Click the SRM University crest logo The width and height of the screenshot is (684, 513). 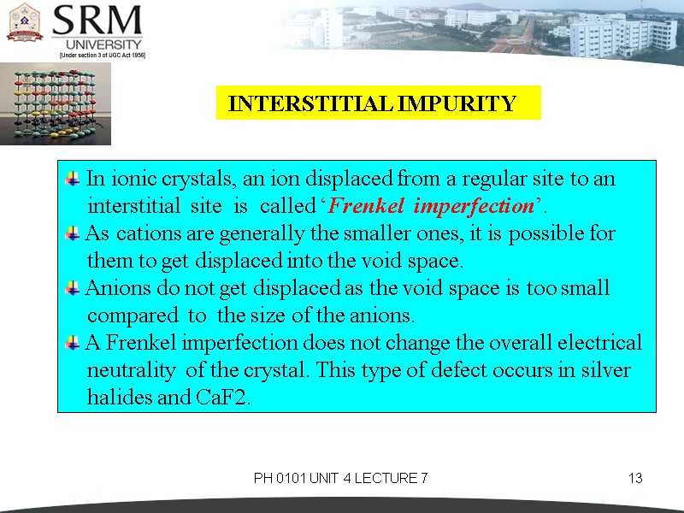[x=25, y=23]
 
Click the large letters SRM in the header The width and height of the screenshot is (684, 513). [x=97, y=21]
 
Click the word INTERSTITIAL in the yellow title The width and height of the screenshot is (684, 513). [x=304, y=104]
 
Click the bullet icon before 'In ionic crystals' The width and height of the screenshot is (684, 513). [x=72, y=180]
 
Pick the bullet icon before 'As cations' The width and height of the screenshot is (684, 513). [x=72, y=233]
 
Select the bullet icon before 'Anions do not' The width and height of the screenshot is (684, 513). [x=72, y=288]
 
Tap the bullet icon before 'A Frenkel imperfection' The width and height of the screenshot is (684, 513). [x=72, y=343]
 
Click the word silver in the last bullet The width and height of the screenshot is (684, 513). [x=604, y=371]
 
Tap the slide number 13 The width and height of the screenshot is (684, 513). [x=634, y=478]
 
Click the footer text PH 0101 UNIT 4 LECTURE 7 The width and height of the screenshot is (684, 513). [x=340, y=478]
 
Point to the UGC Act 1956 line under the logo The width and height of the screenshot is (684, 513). [x=102, y=55]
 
